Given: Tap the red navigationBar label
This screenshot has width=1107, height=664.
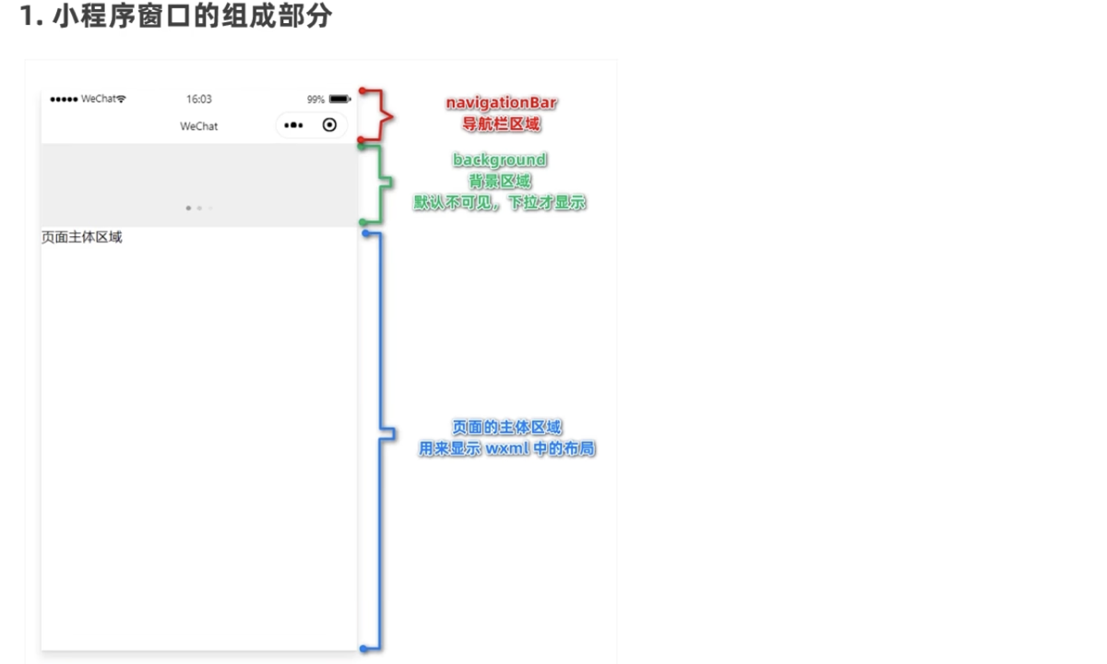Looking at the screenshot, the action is click(x=501, y=102).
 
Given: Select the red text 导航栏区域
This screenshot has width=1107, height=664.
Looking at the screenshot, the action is click(x=501, y=124).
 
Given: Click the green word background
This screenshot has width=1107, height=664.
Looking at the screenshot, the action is click(x=500, y=160).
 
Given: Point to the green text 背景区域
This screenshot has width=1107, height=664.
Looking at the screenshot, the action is click(x=500, y=182).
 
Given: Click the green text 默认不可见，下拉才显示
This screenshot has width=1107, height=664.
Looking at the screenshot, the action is click(x=500, y=203).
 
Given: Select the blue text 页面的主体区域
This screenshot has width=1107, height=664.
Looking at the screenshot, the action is click(x=507, y=427).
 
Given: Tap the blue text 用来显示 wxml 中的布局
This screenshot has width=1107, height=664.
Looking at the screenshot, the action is click(x=507, y=448).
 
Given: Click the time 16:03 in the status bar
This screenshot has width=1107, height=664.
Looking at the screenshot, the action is click(x=198, y=100).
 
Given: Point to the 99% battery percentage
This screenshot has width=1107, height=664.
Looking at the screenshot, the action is click(x=315, y=100).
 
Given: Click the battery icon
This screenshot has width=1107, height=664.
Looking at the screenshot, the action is click(x=340, y=100).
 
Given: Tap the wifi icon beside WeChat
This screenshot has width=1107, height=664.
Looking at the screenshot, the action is click(x=121, y=99).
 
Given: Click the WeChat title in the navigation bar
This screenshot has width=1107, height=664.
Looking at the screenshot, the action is click(x=198, y=126).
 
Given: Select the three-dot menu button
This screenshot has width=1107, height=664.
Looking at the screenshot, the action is click(x=293, y=125).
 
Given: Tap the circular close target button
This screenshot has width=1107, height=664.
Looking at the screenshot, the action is click(x=329, y=125).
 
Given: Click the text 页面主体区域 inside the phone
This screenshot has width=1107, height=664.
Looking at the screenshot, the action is click(x=81, y=237).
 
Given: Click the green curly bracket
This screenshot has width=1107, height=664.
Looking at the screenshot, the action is click(x=379, y=183).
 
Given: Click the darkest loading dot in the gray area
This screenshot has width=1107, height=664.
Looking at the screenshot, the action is click(x=188, y=208).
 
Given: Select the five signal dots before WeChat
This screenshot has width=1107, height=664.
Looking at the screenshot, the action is click(x=64, y=100).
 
